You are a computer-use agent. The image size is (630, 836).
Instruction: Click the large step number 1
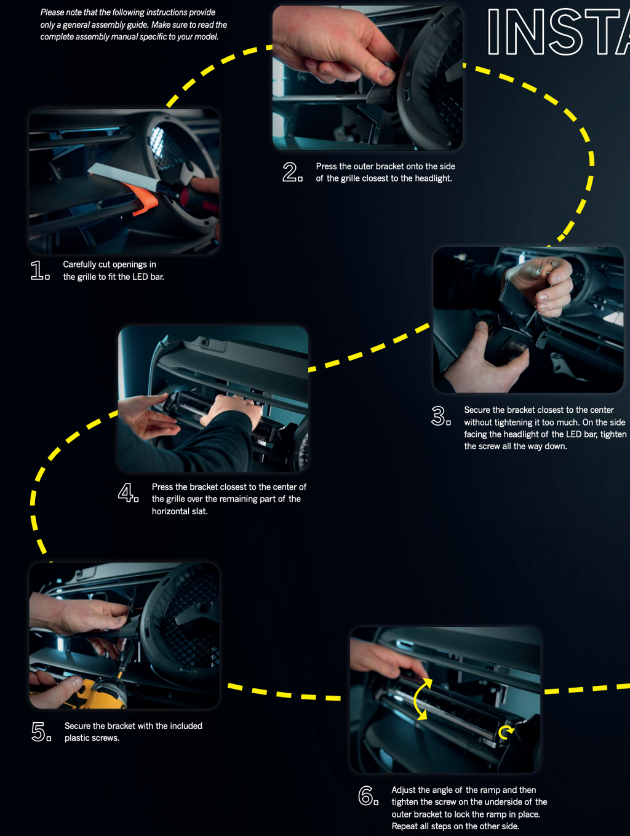[x=38, y=271]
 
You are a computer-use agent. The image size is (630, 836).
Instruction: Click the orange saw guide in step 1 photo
[x=141, y=197]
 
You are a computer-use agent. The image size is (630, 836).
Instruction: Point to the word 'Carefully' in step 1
[x=79, y=265]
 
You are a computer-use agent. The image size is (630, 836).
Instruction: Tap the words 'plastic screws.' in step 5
[x=92, y=738]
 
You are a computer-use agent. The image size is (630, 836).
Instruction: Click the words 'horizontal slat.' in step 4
[x=180, y=511]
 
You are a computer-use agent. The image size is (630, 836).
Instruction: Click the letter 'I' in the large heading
[x=493, y=33]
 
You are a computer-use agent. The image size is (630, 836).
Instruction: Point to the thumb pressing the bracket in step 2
[x=383, y=73]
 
